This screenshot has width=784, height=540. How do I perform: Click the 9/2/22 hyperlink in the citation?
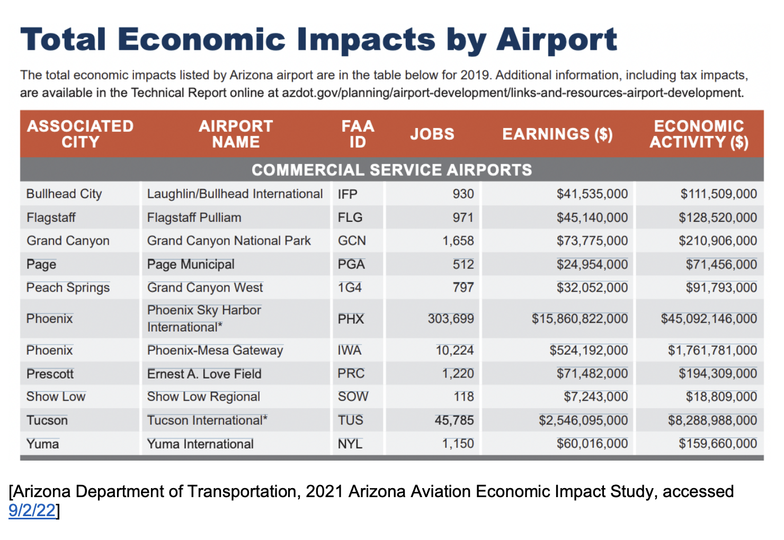pyautogui.click(x=32, y=510)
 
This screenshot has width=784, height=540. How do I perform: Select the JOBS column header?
pyautogui.click(x=432, y=134)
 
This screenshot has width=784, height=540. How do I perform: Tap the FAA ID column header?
pyautogui.click(x=358, y=134)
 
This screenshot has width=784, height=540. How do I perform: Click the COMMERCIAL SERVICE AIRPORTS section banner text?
pyautogui.click(x=391, y=170)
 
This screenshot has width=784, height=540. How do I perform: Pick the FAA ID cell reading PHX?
pyautogui.click(x=351, y=319)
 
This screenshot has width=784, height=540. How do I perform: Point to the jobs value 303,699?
pyautogui.click(x=451, y=319)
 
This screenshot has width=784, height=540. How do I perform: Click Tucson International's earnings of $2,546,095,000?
pyautogui.click(x=583, y=420)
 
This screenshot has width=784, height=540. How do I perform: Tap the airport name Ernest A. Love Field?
pyautogui.click(x=204, y=374)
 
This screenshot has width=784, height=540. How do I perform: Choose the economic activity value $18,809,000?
pyautogui.click(x=721, y=397)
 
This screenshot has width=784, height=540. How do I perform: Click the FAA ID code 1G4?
pyautogui.click(x=350, y=287)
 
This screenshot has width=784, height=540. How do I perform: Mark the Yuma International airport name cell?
pyautogui.click(x=200, y=444)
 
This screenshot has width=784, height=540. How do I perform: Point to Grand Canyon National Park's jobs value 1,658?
pyautogui.click(x=458, y=241)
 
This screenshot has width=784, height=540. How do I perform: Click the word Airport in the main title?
pyautogui.click(x=557, y=40)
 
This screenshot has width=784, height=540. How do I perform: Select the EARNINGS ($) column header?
pyautogui.click(x=557, y=134)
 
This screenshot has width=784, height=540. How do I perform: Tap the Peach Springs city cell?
pyautogui.click(x=68, y=287)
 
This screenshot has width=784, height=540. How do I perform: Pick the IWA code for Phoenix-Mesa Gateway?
pyautogui.click(x=350, y=350)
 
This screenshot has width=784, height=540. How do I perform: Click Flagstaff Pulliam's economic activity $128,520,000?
pyautogui.click(x=718, y=218)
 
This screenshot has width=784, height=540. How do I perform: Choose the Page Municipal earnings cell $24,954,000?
pyautogui.click(x=592, y=264)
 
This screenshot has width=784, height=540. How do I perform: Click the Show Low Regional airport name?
pyautogui.click(x=203, y=397)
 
